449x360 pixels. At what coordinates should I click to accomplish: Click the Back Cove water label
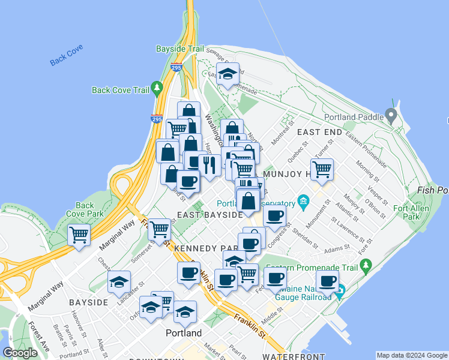(x=66, y=56)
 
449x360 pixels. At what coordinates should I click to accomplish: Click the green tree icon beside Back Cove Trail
(x=157, y=89)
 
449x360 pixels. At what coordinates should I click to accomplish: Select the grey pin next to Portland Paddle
(x=392, y=114)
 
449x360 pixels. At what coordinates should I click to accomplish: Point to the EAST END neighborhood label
(x=319, y=132)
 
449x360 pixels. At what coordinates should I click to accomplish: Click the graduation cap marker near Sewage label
(x=228, y=74)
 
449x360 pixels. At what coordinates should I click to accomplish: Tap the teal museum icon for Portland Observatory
(x=304, y=200)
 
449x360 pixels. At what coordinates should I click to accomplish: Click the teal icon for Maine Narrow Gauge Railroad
(x=340, y=293)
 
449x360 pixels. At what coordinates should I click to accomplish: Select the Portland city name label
(x=184, y=332)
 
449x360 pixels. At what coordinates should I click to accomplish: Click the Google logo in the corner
(x=20, y=353)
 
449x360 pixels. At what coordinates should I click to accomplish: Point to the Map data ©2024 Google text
(x=412, y=355)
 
